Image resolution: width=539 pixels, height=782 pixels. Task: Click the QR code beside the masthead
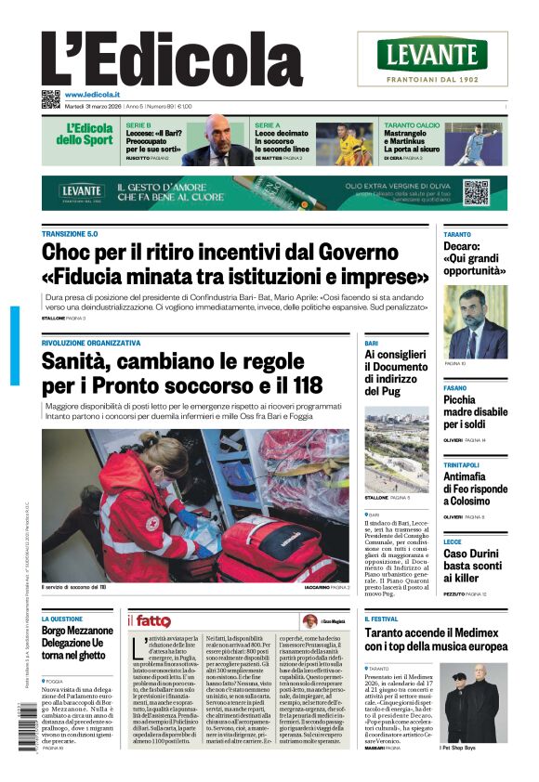[50, 99]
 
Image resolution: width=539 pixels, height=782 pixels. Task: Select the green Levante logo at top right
[432, 55]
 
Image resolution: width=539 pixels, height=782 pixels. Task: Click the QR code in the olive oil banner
[476, 192]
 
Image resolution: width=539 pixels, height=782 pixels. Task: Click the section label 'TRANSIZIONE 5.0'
[70, 234]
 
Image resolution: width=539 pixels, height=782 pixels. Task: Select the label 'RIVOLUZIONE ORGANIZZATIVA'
[91, 343]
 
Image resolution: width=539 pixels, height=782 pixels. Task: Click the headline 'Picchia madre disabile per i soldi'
[475, 411]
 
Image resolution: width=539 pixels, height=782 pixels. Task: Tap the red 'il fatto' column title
[150, 620]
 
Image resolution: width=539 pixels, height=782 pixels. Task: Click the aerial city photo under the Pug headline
[397, 448]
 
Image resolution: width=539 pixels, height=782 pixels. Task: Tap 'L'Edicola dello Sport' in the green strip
[90, 135]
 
